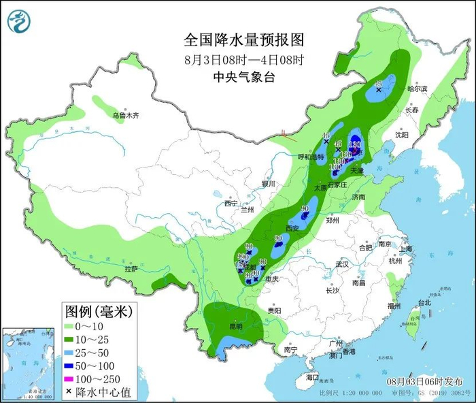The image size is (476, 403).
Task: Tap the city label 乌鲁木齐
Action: [126, 116]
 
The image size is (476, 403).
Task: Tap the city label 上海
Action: [406, 249]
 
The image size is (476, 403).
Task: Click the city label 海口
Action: [311, 376]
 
